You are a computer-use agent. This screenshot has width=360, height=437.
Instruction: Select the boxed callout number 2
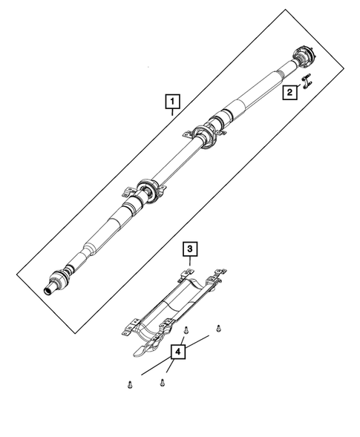click(287, 93)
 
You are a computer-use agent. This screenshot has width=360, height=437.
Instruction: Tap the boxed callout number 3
click(190, 247)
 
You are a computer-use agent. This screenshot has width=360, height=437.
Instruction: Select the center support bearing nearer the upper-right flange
click(206, 134)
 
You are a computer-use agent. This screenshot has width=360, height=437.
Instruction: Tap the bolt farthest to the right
click(217, 327)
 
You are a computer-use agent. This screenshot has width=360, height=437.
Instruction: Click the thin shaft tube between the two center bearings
click(174, 161)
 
